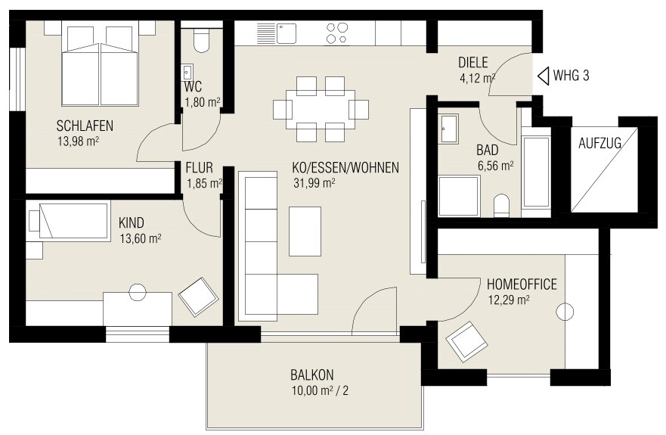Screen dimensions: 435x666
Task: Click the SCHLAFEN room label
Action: [85, 126]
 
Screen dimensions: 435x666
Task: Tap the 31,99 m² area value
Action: [314, 182]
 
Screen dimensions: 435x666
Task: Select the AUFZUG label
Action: [599, 144]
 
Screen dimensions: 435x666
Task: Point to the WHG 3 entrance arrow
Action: [543, 76]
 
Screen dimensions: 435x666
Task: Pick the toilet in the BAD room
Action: [501, 205]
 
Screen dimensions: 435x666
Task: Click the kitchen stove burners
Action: [337, 33]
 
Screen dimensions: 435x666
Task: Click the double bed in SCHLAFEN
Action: [100, 66]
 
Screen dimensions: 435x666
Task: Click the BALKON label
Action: [311, 374]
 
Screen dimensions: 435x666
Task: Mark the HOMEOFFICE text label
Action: [522, 284]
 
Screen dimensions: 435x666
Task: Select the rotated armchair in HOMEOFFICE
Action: [467, 342]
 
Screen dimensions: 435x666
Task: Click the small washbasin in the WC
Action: [187, 73]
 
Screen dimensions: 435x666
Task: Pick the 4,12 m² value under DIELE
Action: [477, 76]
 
